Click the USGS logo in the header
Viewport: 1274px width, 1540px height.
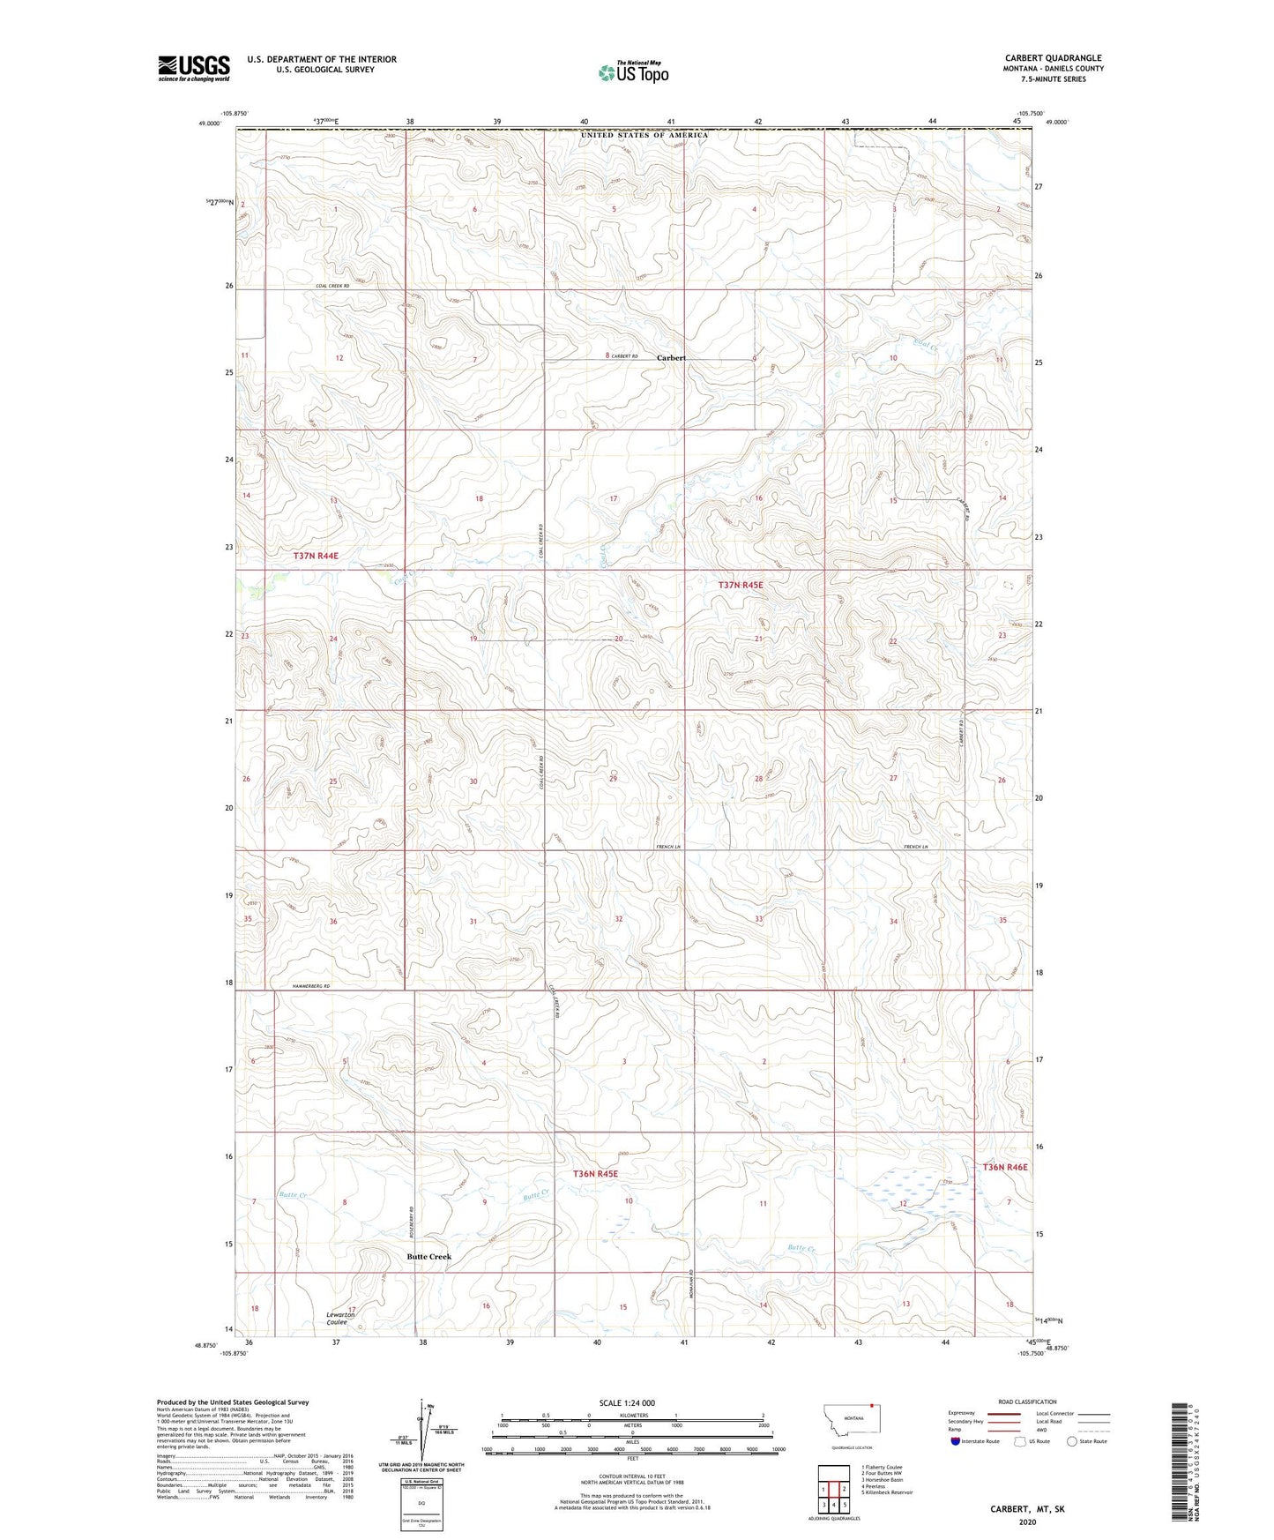pos(194,68)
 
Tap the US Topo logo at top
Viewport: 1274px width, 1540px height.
pos(633,72)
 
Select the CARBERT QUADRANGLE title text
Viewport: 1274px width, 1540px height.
pos(1053,58)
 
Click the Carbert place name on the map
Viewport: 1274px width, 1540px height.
pos(671,358)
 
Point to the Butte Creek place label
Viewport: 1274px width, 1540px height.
pos(428,1257)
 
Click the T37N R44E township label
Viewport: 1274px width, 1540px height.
pos(316,556)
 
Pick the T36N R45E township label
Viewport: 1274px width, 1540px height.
pos(595,1174)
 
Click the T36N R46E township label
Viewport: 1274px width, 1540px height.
pos(1005,1167)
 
